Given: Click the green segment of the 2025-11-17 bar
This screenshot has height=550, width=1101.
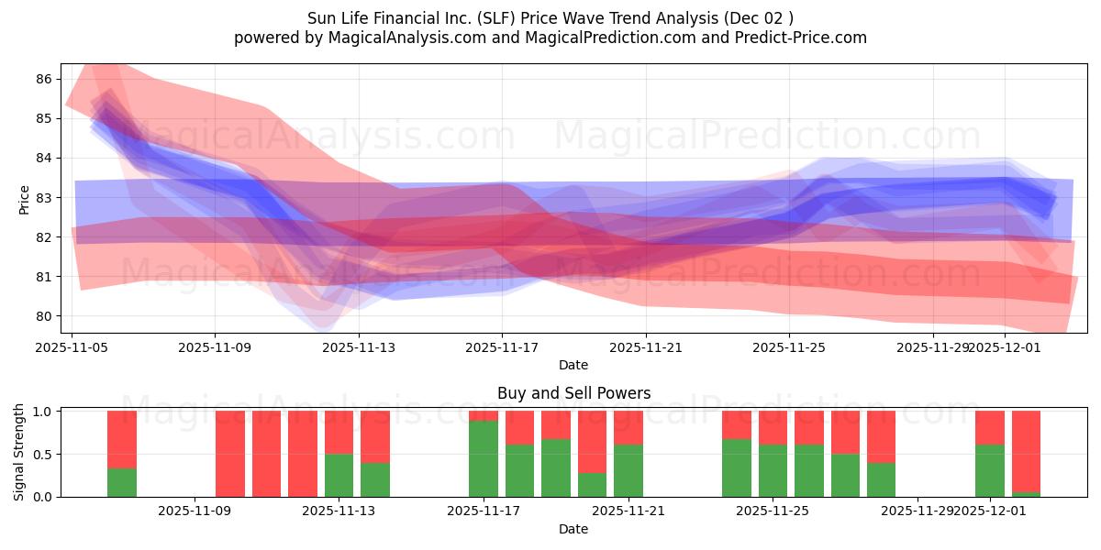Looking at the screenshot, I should tap(484, 458).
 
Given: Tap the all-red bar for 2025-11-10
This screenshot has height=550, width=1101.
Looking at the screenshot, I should tap(266, 454).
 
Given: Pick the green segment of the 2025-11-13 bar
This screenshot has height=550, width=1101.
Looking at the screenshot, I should tap(339, 475).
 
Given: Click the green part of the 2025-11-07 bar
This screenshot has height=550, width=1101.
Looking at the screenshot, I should tap(122, 482).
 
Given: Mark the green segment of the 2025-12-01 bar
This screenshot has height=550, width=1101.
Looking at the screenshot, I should tap(990, 470).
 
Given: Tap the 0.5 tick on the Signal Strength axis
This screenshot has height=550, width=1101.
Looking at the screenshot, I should tap(42, 454).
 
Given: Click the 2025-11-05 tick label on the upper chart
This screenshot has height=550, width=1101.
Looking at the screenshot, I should tap(72, 347).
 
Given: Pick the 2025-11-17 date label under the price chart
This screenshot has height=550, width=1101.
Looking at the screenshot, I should tap(502, 347).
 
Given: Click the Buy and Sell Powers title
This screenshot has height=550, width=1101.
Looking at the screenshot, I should tap(573, 393).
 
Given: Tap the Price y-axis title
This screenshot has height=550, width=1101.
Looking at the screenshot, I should tap(23, 198).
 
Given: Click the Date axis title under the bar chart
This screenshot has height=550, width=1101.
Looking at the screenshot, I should tap(573, 529).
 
